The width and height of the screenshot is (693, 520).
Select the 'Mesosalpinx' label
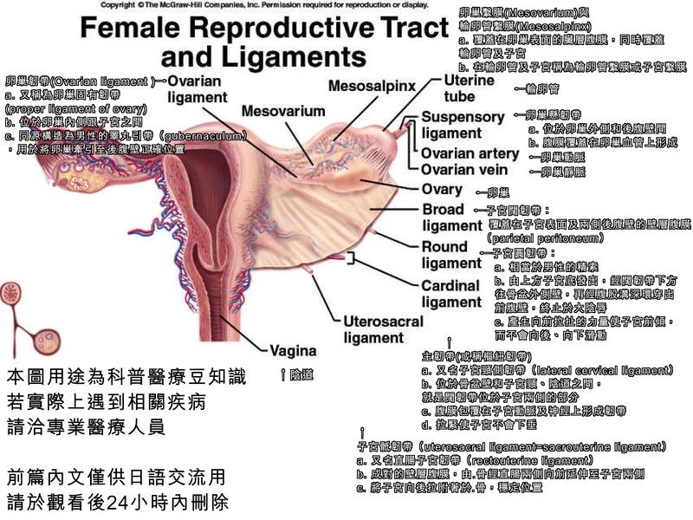pos(372,86)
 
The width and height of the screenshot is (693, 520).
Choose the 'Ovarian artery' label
pos(470,153)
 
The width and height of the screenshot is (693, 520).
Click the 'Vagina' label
pos(295,352)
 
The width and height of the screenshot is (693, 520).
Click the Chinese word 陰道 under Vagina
pos(301,374)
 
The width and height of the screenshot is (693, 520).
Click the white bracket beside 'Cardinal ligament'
pos(351,258)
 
